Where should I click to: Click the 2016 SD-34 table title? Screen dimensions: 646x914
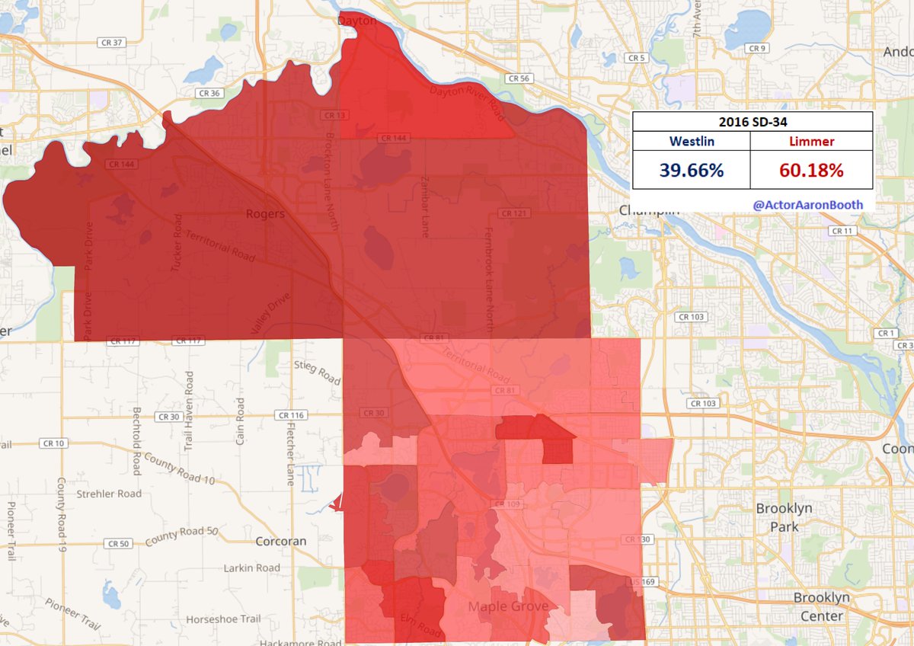[752, 122]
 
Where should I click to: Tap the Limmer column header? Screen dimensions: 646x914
[810, 141]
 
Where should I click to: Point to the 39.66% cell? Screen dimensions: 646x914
[692, 170]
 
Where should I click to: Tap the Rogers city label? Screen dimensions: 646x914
[265, 214]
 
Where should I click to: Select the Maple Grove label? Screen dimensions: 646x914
[507, 607]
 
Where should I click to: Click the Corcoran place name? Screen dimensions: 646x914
[281, 542]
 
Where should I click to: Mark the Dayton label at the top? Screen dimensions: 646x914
[357, 21]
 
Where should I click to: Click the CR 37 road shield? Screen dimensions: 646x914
[111, 43]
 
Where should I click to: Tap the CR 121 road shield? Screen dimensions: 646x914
[516, 213]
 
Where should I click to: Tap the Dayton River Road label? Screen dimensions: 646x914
[467, 104]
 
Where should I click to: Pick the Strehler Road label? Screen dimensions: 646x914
[109, 494]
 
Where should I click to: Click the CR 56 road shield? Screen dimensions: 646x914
[519, 78]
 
